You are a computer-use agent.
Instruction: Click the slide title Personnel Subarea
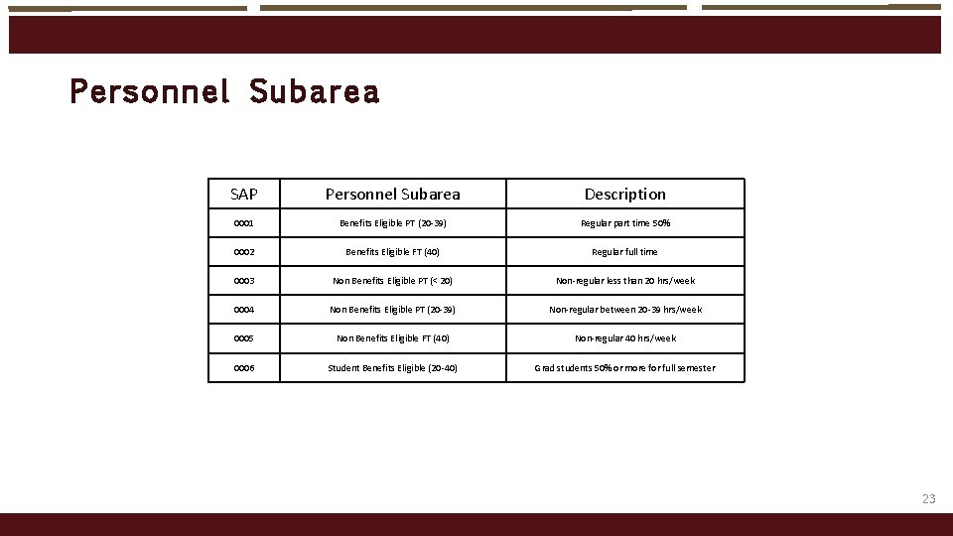224,92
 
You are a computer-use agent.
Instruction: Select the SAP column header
244,194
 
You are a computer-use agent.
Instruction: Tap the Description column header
624,194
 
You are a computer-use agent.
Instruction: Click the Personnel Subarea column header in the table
393,194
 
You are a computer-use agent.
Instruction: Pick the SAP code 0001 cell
244,223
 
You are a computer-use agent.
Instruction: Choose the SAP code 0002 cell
244,252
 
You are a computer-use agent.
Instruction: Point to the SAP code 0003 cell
244,281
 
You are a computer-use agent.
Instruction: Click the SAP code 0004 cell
244,310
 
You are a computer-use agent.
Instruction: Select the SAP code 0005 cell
244,338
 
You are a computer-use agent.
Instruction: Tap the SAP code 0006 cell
244,368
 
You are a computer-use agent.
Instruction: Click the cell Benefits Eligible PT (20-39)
393,223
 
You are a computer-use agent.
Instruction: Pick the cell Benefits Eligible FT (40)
393,252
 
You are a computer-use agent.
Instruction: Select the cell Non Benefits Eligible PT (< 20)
393,281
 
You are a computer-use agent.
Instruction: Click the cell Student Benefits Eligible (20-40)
393,368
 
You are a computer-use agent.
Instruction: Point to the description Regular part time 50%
624,223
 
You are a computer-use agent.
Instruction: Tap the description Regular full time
624,252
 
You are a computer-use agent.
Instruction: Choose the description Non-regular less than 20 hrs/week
624,281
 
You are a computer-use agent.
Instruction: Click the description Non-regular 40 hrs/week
624,338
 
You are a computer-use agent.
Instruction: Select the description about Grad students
624,368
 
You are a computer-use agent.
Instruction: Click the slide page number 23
928,499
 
